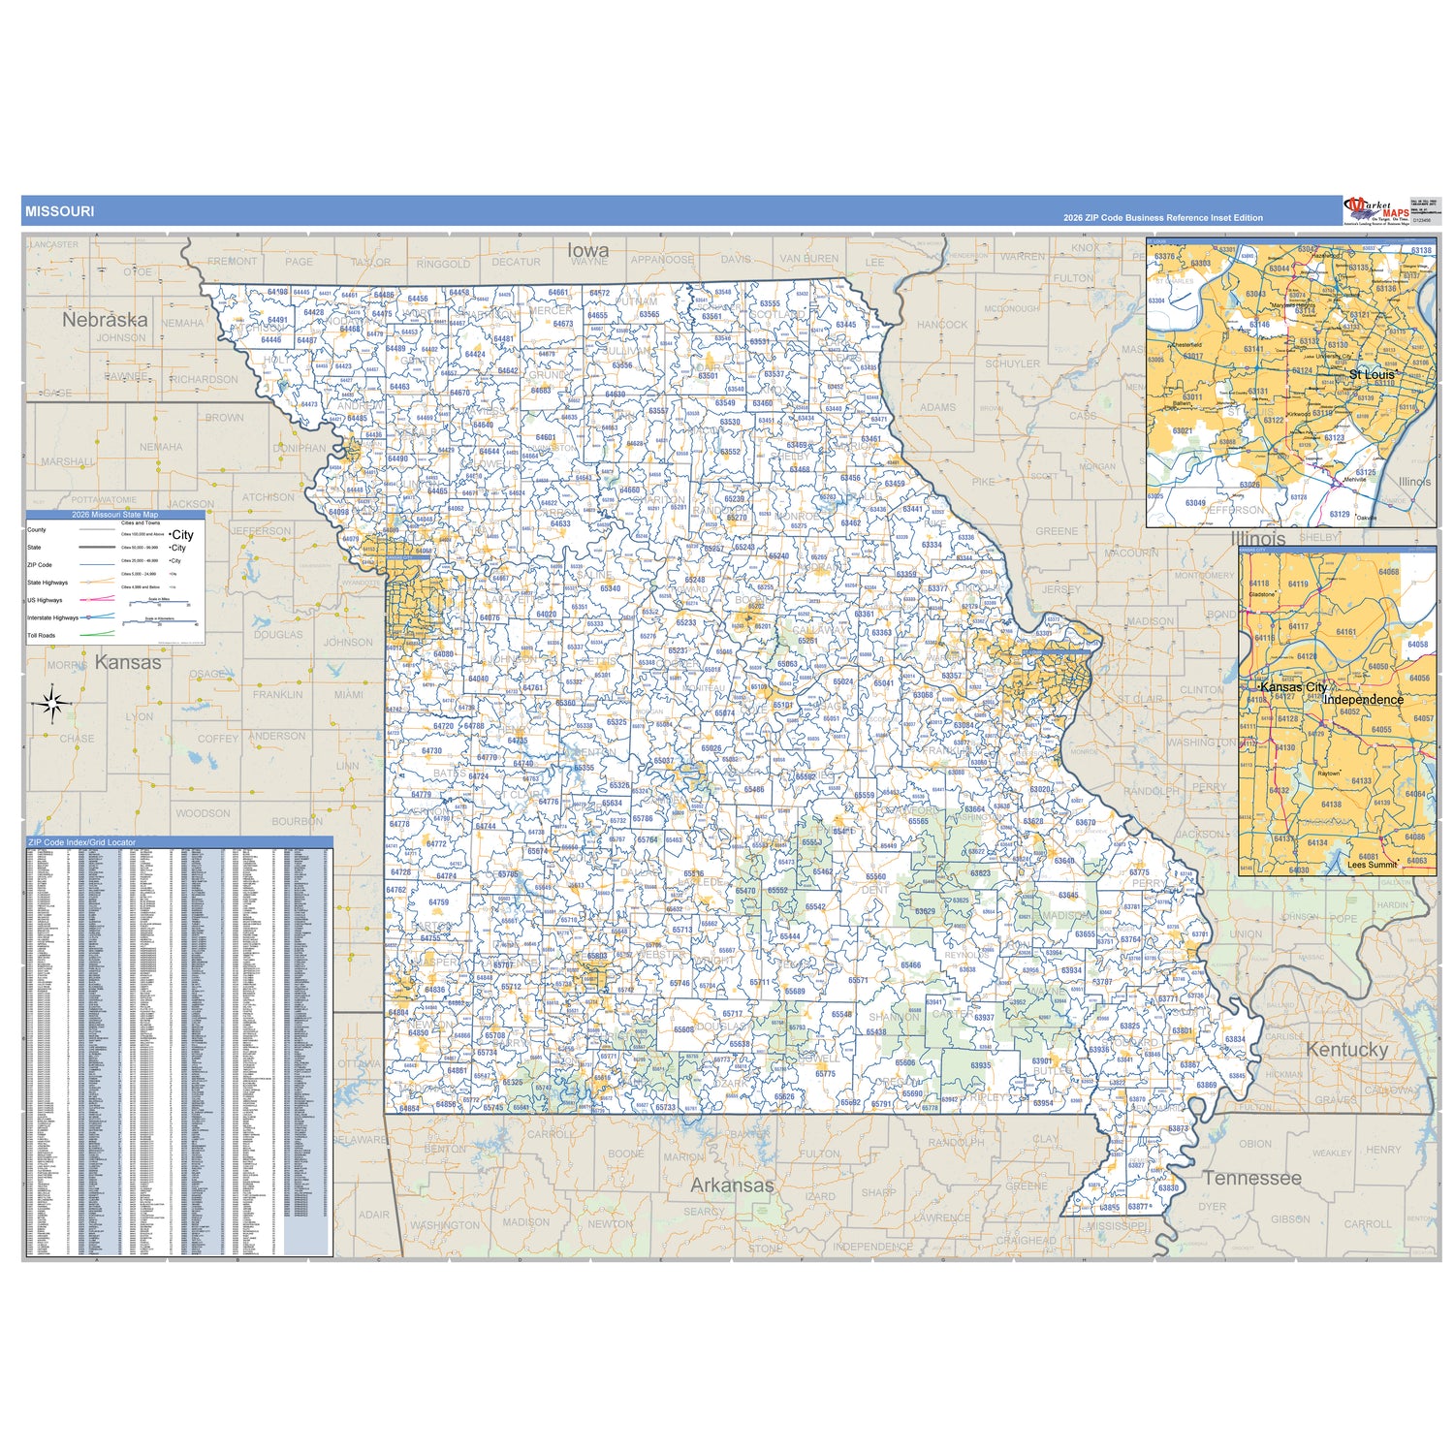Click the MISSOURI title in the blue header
click(x=59, y=211)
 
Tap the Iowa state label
click(x=588, y=250)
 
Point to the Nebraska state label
click(x=105, y=319)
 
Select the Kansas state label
click(x=128, y=663)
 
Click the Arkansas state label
click(x=732, y=1185)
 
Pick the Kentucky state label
click(x=1346, y=1050)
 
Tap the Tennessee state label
click(x=1251, y=1178)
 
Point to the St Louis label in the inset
click(x=1372, y=374)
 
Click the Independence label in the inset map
click(x=1363, y=700)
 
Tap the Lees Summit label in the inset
click(x=1372, y=865)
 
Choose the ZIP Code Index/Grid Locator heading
click(x=82, y=842)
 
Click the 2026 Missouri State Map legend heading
click(x=114, y=515)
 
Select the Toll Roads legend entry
click(x=42, y=636)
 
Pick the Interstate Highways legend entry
click(x=52, y=617)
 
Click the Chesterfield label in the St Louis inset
click(x=1186, y=344)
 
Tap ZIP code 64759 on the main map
click(x=438, y=902)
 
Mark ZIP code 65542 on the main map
click(x=815, y=907)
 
